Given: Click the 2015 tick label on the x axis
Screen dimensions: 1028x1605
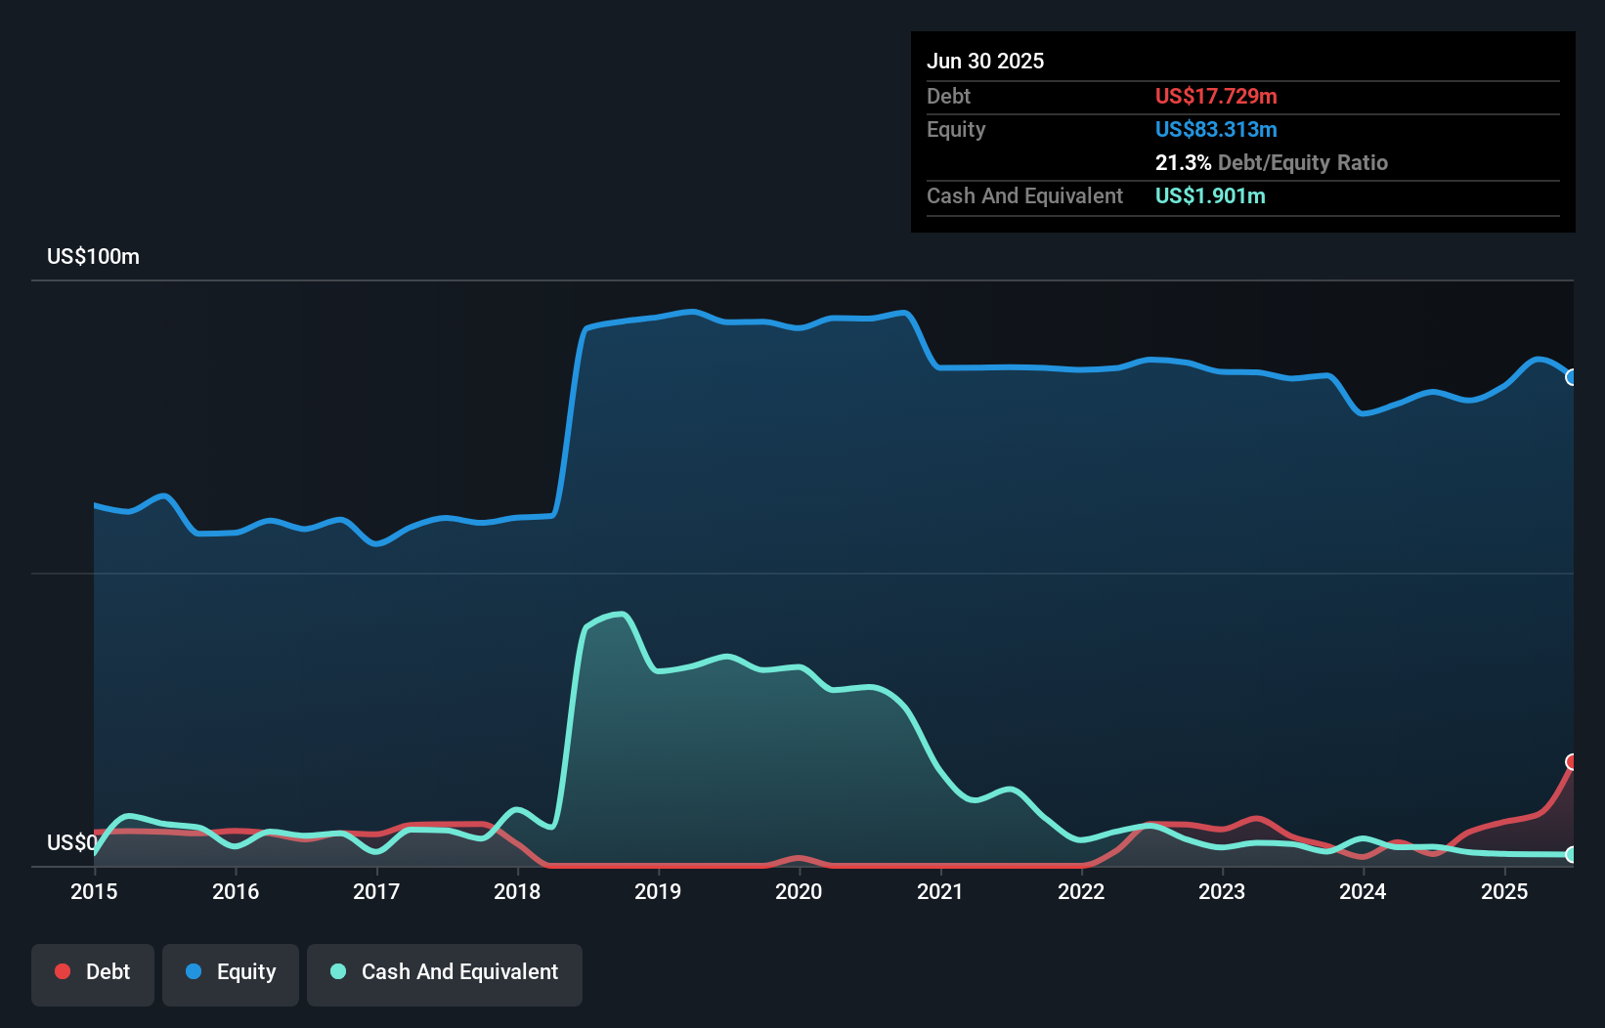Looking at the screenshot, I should click(x=94, y=891).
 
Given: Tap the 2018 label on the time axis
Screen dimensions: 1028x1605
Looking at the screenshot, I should click(x=517, y=891).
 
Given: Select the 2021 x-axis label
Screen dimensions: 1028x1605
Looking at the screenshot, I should click(x=940, y=891).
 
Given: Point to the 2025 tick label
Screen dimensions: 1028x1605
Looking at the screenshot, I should click(x=1504, y=891).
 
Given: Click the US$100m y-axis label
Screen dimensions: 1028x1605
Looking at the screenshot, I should click(x=93, y=257).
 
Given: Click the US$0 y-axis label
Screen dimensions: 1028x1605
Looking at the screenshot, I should click(x=71, y=842).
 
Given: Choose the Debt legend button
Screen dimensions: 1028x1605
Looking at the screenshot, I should click(x=93, y=972).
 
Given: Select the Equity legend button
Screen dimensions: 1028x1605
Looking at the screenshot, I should click(x=231, y=972).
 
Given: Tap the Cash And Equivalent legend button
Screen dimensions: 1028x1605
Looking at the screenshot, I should click(x=445, y=972).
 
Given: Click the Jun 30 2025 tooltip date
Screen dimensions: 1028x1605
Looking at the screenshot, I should click(x=985, y=62).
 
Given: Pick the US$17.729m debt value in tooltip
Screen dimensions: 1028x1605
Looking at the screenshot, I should click(x=1216, y=97).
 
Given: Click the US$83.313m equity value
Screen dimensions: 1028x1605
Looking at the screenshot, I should click(x=1216, y=130).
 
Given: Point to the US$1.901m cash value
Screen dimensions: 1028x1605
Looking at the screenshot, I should click(x=1210, y=196).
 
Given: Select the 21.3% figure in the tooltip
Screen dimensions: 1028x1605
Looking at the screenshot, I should click(x=1183, y=163).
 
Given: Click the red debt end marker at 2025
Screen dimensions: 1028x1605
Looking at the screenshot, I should click(x=1572, y=762).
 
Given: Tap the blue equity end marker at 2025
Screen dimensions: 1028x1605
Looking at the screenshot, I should click(x=1572, y=377).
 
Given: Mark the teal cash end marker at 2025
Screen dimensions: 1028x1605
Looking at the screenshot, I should click(x=1572, y=854).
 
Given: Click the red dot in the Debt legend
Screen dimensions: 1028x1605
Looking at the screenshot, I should click(x=63, y=971).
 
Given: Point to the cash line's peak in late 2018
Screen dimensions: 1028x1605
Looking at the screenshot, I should click(x=621, y=614).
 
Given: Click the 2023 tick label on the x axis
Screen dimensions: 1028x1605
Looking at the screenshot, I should click(x=1222, y=891).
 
